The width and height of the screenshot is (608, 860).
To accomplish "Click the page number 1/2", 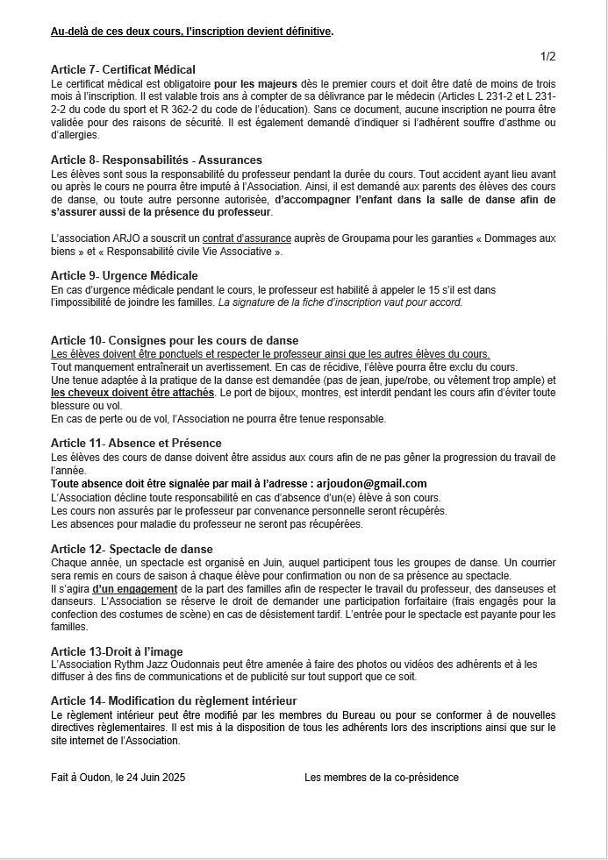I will point(547,57).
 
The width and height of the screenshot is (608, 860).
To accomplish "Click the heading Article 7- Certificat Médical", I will point(123,69).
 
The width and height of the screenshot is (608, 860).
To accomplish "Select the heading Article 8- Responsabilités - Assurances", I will point(156,160).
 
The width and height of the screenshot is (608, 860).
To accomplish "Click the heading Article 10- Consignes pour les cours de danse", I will point(175,340).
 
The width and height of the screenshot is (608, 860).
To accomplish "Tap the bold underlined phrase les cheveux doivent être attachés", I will point(132,393).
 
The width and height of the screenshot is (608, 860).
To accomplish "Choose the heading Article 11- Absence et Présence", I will point(136,444).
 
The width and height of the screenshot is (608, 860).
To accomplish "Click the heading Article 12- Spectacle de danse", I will point(132,549).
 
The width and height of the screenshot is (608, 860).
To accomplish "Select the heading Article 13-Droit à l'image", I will point(118,652).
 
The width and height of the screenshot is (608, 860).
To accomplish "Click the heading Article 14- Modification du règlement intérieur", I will point(174,700).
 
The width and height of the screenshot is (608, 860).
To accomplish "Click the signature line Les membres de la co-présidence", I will point(381,778).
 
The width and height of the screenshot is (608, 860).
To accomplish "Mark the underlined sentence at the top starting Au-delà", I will point(192,32).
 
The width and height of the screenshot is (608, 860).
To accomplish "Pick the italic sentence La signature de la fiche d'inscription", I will point(340,302).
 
